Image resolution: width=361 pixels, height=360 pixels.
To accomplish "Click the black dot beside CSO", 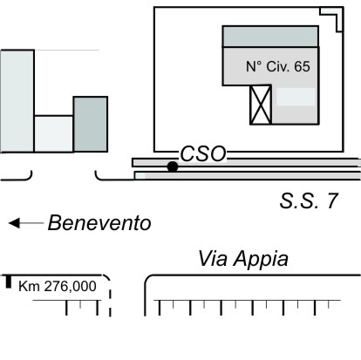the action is (x=173, y=166).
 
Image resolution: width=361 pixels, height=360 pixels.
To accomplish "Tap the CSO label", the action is (x=203, y=153).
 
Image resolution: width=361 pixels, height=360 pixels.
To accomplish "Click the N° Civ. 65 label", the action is (x=278, y=66).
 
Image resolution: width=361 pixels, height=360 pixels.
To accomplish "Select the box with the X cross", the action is (x=261, y=105).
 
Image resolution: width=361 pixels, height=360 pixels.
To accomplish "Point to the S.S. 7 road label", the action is (x=309, y=200).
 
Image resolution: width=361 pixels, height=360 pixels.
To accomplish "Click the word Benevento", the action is (x=99, y=223).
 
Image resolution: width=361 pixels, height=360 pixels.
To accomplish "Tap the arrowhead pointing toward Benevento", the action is (x=14, y=223).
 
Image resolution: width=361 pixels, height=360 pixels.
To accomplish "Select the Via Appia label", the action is (x=243, y=258).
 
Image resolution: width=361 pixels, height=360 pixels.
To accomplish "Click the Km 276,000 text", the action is (x=58, y=286).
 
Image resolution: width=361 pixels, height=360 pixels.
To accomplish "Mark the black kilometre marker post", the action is (x=9, y=282).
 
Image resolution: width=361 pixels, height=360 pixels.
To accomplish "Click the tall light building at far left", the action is (x=17, y=101).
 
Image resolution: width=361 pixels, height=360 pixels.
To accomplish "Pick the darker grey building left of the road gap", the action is (x=91, y=125).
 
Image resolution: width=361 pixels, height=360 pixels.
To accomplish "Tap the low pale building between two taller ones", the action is (x=54, y=134).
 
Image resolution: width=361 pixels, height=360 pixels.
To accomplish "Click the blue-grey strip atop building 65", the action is (x=270, y=37).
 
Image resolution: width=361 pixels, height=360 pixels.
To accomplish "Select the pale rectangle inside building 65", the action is (x=296, y=97).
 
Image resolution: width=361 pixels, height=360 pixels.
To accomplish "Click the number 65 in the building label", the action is (x=302, y=66).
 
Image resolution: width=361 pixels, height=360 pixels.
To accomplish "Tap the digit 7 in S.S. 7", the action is (x=333, y=200).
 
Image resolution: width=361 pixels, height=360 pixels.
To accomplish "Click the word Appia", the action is (x=262, y=259).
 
